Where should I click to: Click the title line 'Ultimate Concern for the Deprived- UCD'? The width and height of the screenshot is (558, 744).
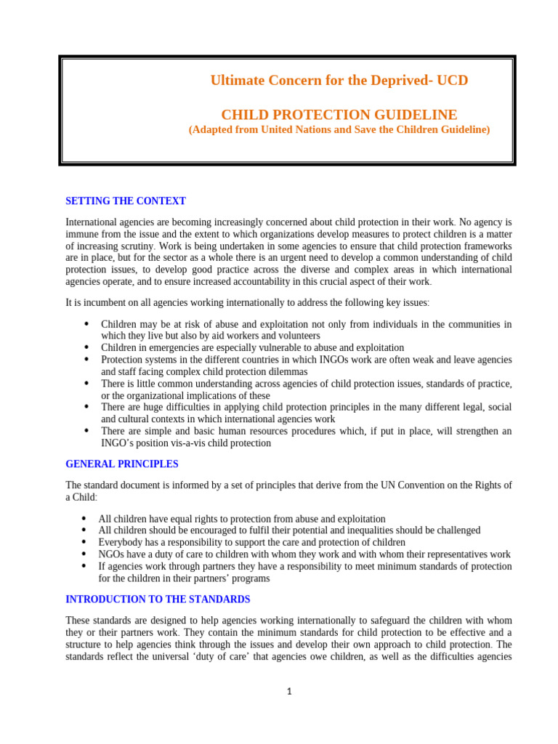coord(339,81)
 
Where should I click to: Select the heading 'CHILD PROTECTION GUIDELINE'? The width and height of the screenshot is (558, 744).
coord(339,115)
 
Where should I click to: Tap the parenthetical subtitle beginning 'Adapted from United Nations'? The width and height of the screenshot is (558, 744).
coord(339,130)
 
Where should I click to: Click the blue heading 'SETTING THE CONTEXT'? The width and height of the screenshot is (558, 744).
coord(126,201)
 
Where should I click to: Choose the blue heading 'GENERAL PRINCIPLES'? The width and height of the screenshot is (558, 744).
coord(122,464)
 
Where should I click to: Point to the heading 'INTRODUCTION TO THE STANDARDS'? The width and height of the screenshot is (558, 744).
coord(158,599)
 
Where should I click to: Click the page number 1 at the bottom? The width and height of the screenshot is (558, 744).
coord(288,692)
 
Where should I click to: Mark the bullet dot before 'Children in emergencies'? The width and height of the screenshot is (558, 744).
coord(87,347)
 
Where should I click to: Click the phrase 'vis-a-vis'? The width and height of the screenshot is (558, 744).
coord(176,442)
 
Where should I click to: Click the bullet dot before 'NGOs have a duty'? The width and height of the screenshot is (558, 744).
coord(85,554)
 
